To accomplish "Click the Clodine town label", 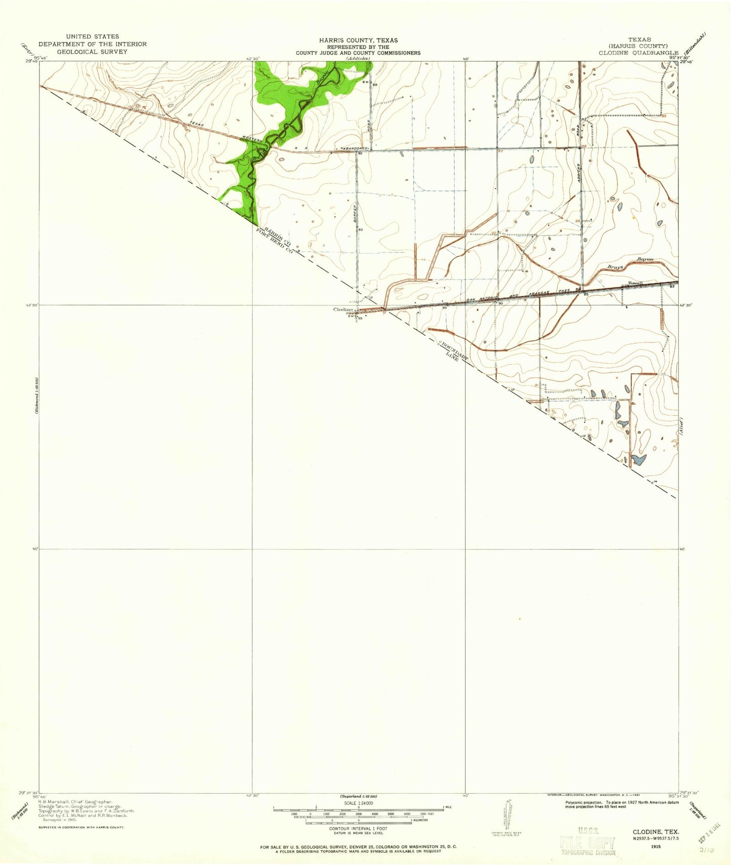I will click(342, 310).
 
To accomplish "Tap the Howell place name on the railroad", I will click(635, 283).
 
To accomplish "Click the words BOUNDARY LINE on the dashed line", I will click(454, 351).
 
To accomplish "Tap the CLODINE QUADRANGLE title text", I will click(638, 53).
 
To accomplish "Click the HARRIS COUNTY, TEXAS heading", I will click(358, 40).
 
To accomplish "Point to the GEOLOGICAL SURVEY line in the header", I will click(92, 52).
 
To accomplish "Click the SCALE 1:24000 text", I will click(358, 803).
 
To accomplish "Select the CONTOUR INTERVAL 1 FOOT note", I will click(358, 828).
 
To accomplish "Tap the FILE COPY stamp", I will click(587, 843).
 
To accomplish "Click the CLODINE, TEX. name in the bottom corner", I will click(656, 832).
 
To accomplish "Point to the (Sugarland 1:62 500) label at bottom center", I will click(358, 796).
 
